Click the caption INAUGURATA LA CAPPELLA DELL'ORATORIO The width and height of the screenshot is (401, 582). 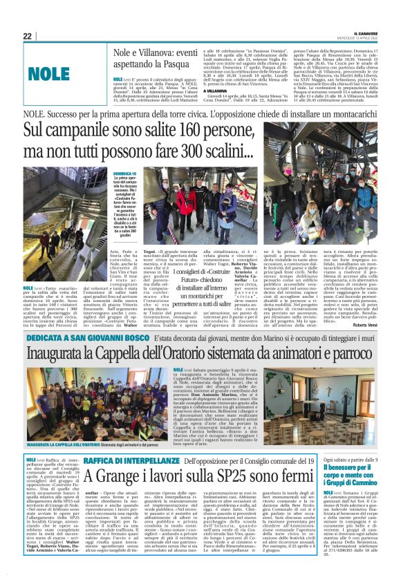(x=60, y=444)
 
